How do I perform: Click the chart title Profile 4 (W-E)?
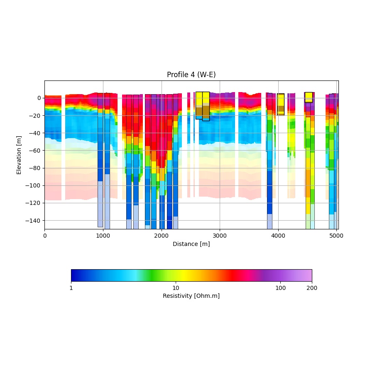191,75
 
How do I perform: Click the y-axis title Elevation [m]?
19,155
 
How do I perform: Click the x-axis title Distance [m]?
191,244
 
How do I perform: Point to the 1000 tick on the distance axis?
103,235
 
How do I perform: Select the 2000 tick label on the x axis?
162,235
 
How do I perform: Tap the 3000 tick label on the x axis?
220,235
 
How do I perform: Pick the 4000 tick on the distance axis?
278,235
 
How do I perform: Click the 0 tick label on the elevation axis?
39,98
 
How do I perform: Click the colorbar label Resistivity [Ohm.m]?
191,296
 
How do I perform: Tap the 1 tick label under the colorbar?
71,288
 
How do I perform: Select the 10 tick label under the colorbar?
176,288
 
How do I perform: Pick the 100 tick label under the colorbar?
281,288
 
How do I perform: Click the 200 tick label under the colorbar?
312,288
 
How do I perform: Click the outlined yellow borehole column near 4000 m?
281,104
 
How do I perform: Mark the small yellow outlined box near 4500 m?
309,97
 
